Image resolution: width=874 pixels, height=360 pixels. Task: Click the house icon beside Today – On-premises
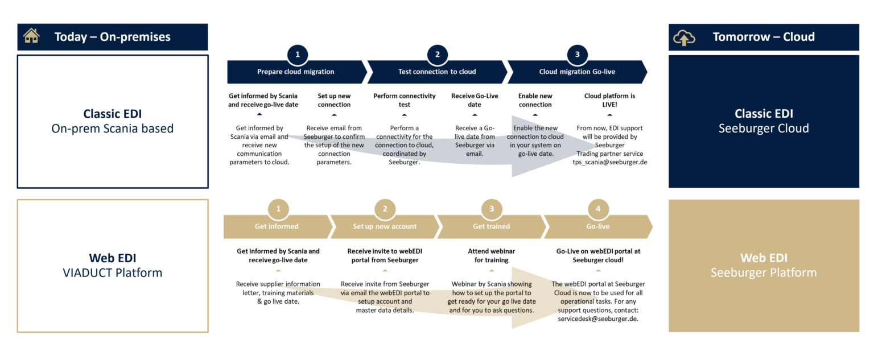point(31,36)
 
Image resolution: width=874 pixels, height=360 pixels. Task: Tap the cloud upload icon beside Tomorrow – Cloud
point(684,38)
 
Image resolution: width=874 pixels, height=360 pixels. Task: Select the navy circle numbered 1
point(298,55)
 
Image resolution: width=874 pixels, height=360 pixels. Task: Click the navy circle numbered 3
point(577,55)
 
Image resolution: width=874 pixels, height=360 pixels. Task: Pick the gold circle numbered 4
point(598,209)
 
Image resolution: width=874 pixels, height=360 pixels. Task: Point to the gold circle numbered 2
point(385,209)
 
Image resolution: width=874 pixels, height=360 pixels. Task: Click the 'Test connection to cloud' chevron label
point(437,72)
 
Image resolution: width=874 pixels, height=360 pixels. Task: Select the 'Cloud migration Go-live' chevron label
point(577,72)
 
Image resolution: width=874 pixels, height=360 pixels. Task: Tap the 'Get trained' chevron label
point(491,226)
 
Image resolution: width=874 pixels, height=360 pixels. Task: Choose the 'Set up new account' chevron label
point(385,226)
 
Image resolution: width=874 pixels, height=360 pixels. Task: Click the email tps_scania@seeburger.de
point(609,162)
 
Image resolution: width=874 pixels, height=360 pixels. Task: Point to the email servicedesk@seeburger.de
point(598,319)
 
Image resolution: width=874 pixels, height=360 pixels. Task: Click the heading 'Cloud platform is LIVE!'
point(609,100)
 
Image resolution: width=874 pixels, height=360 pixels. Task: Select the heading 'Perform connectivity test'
point(405,100)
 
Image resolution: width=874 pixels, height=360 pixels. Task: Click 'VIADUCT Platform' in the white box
point(112,273)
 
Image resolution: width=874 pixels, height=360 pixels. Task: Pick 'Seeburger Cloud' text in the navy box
point(763,129)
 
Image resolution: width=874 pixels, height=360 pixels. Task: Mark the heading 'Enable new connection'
point(535,100)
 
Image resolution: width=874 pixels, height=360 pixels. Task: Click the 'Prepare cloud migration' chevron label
point(295,72)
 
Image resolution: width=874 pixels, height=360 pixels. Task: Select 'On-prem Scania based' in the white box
point(112,129)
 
